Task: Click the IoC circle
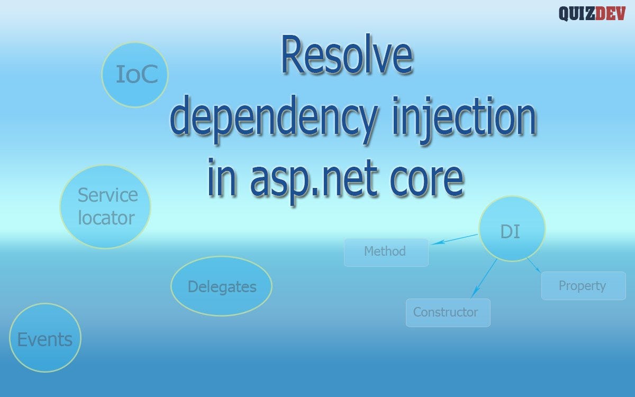coord(135,75)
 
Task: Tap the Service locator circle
coord(106,206)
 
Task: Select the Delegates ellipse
coord(222,286)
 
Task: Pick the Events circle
coord(46,338)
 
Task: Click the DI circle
coord(511,229)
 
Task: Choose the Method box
coord(386,252)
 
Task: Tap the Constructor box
coord(448,312)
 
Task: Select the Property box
coord(583,286)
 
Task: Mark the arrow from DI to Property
coord(533,265)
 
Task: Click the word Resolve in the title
coord(346,57)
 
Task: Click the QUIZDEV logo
coord(592,13)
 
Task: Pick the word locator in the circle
coord(106,218)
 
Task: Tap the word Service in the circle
coord(107,195)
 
